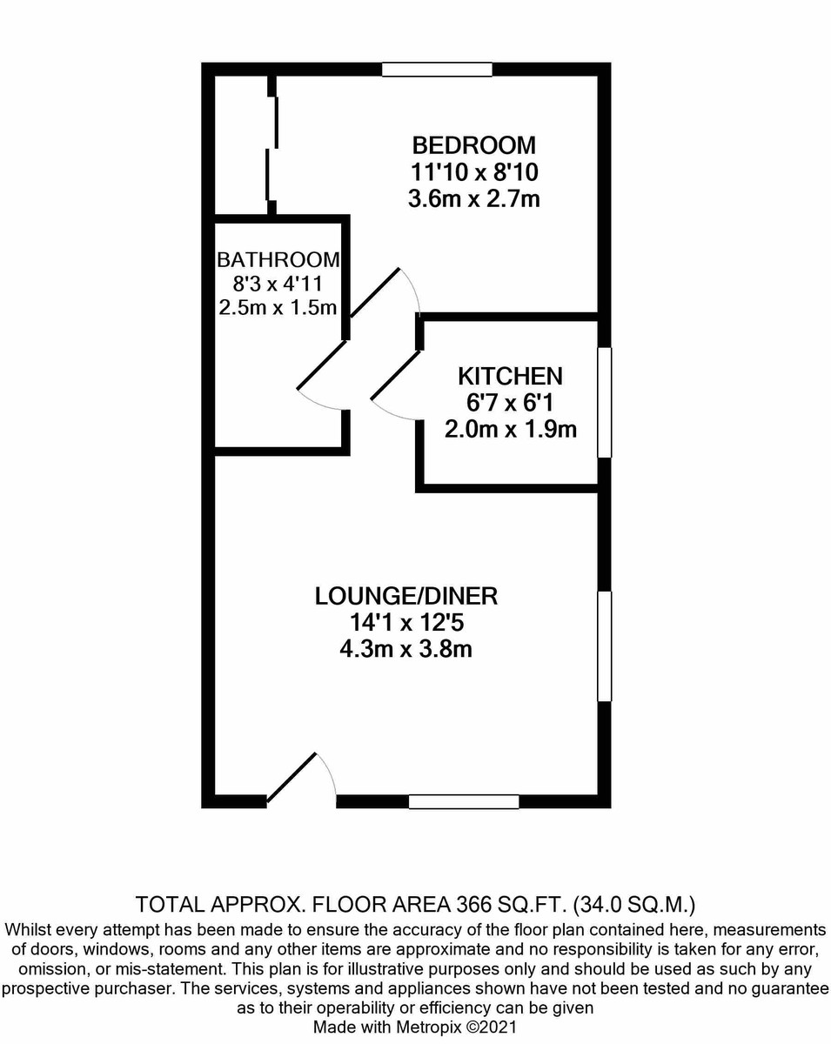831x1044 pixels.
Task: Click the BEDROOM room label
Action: (x=473, y=144)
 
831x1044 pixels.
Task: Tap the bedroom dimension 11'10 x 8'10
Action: (x=473, y=171)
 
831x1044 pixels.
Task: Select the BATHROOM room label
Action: (x=278, y=259)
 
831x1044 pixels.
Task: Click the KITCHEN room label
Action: (x=510, y=376)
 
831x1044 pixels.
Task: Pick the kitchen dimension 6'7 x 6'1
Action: (x=510, y=403)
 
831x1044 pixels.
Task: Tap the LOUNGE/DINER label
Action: (x=405, y=596)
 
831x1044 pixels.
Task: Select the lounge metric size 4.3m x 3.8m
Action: (x=405, y=649)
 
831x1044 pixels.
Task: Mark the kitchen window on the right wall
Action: (x=604, y=402)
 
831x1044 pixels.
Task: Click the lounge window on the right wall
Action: (x=604, y=646)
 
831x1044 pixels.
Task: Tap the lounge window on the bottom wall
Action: (x=464, y=801)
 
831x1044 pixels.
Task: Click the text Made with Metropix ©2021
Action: (x=415, y=1027)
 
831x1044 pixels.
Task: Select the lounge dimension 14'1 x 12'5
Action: (x=405, y=623)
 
